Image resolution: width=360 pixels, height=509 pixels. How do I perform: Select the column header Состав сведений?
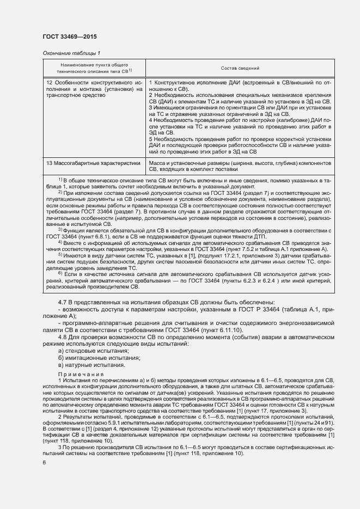pyautogui.click(x=239, y=69)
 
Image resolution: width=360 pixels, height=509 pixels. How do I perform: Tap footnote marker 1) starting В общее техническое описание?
pyautogui.click(x=60, y=179)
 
